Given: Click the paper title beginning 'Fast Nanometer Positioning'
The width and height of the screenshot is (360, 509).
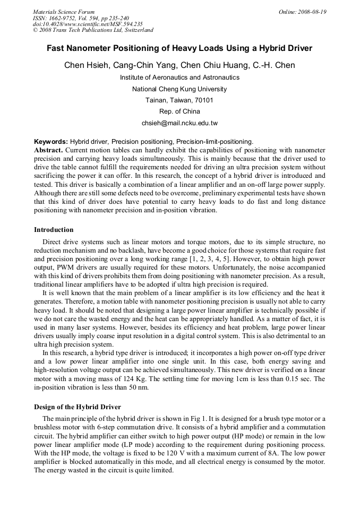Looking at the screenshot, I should tap(179, 48).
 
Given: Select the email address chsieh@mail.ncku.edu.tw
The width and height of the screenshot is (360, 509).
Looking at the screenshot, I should tap(179, 123).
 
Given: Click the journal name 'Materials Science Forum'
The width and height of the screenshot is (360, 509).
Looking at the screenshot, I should tap(64, 12).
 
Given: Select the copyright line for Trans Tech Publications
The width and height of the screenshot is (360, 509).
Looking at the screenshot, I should tap(93, 30).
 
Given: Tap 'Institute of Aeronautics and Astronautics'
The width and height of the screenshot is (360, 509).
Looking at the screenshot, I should tap(179, 77).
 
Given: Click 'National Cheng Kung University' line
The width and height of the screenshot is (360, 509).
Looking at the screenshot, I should tap(179, 89).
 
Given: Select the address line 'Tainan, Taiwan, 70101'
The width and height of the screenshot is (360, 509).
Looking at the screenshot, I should tap(179, 100).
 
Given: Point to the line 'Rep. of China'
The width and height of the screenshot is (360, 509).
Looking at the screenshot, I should tap(179, 111).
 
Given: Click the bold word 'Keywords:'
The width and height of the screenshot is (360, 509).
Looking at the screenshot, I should tap(51, 142).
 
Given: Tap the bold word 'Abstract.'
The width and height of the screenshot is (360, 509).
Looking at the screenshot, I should tap(49, 150).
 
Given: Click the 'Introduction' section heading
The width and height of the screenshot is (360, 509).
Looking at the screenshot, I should tap(54, 230).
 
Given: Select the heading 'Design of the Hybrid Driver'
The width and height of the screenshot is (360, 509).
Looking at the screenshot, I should tap(78, 407).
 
